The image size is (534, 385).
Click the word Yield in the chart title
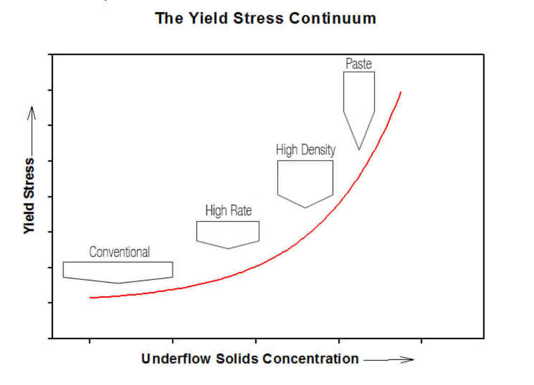(x=208, y=18)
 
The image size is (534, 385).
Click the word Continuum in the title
(x=332, y=18)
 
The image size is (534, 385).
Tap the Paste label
(x=358, y=63)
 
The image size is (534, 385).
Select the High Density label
(x=305, y=150)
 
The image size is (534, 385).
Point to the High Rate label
(x=229, y=211)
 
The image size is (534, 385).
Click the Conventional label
(x=119, y=252)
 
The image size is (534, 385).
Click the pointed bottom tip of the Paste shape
(x=359, y=150)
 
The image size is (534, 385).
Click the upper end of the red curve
(x=401, y=92)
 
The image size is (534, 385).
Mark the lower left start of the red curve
(x=90, y=298)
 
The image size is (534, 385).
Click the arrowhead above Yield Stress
(x=32, y=112)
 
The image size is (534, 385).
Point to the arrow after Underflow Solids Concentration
(x=389, y=359)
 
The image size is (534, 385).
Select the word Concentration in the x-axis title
(x=311, y=359)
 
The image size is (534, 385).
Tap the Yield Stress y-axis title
(x=29, y=196)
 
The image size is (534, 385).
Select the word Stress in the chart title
(x=258, y=18)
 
